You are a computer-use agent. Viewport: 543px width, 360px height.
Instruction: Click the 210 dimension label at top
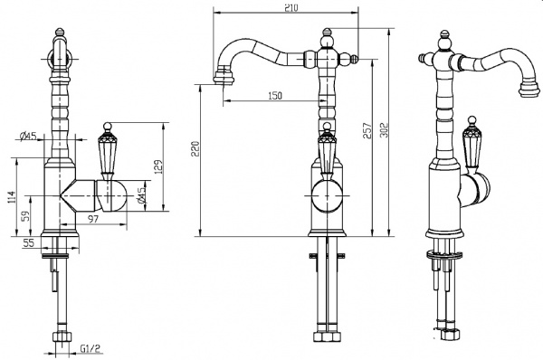click(x=291, y=7)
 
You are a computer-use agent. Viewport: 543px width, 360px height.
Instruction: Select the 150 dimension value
click(x=275, y=95)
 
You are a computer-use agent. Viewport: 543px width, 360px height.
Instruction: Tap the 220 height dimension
click(x=196, y=148)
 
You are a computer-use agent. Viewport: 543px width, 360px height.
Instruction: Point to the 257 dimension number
click(x=367, y=130)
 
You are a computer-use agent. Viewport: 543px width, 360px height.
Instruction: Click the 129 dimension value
click(x=157, y=166)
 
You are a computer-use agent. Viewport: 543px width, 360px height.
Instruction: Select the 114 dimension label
click(x=12, y=197)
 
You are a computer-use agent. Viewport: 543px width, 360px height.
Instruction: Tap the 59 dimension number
click(x=26, y=216)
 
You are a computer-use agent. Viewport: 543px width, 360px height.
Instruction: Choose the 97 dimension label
click(x=93, y=219)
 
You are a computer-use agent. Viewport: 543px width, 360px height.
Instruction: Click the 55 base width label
click(x=29, y=243)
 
